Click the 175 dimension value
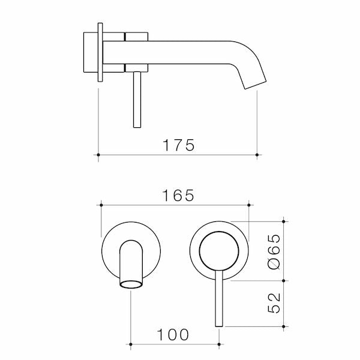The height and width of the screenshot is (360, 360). (x=178, y=145)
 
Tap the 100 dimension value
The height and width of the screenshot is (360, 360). (x=175, y=334)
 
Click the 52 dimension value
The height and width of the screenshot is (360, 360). (x=272, y=304)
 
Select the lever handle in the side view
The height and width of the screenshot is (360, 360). (x=136, y=99)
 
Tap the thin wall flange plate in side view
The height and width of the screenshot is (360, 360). (x=100, y=53)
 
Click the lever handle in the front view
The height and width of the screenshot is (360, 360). (x=218, y=300)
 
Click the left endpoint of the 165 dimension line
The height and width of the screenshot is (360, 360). (x=100, y=205)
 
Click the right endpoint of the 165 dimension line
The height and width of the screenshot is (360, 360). (x=248, y=205)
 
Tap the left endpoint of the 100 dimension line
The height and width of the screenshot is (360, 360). (x=131, y=344)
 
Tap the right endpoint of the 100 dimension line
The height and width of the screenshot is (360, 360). (x=218, y=344)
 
